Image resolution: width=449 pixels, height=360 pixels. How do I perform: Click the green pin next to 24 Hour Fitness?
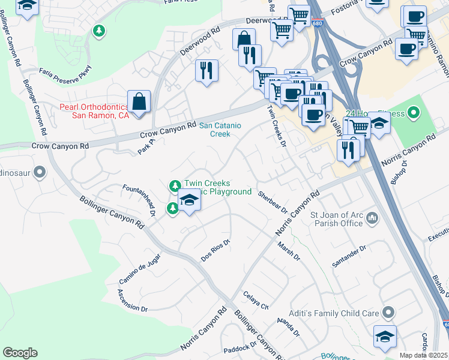(413, 112)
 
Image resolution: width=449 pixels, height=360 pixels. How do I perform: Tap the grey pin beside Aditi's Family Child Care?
(388, 313)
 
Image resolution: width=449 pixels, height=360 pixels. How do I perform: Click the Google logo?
(20, 353)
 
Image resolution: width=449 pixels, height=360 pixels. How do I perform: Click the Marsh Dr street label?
(289, 251)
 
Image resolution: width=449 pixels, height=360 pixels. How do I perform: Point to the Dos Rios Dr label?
(216, 251)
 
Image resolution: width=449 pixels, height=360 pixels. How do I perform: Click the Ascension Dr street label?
(133, 300)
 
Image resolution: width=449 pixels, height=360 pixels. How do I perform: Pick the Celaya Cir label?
(256, 300)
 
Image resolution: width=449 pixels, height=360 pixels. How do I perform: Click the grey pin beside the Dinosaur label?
(40, 173)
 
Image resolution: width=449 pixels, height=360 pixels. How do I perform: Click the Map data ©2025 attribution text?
(424, 355)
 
